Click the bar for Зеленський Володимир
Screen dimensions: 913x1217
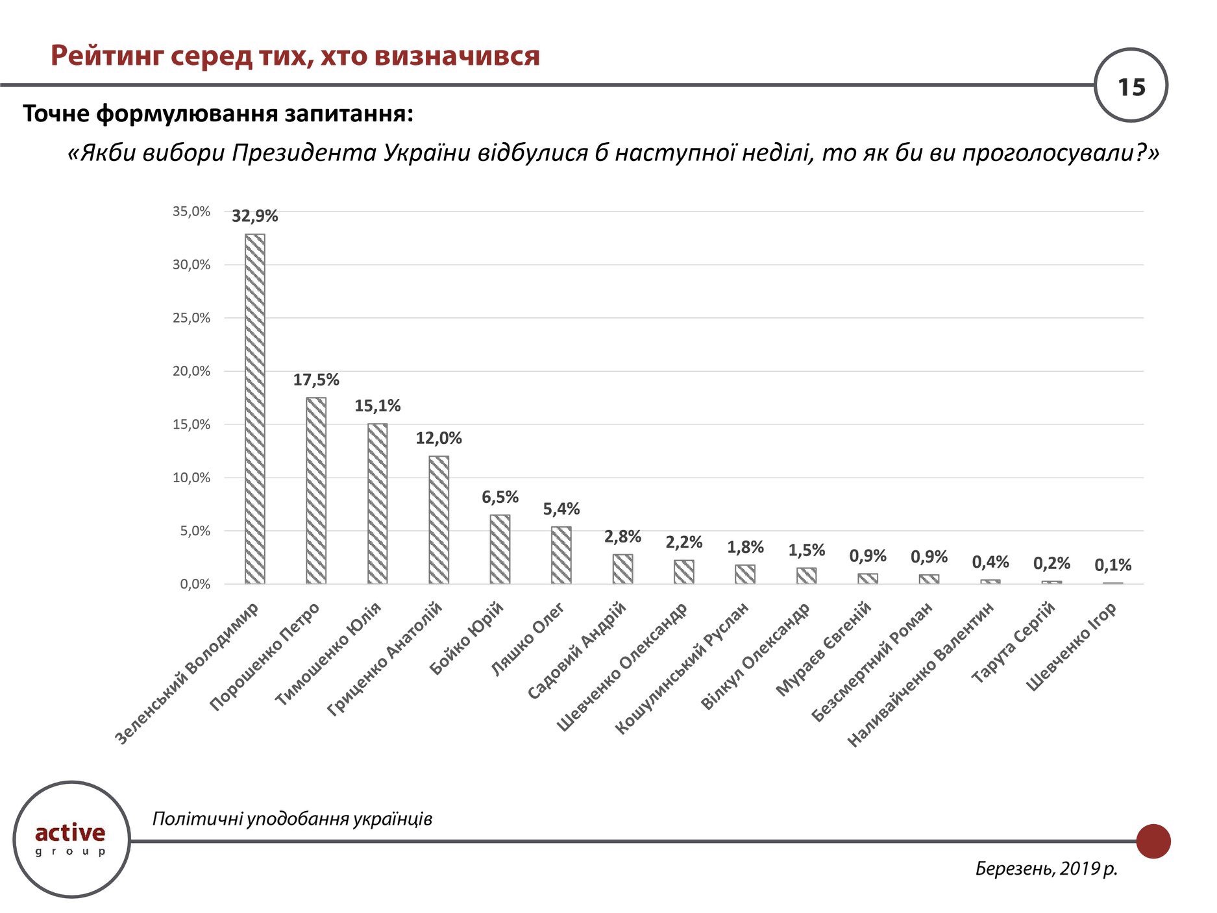click(254, 409)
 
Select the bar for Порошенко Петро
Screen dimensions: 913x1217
click(316, 491)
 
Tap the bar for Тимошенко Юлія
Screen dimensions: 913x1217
click(377, 504)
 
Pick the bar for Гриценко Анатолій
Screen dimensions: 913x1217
click(439, 520)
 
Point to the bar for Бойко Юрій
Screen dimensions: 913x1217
click(500, 549)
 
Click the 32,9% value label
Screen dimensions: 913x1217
click(254, 216)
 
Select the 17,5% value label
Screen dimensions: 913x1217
click(316, 380)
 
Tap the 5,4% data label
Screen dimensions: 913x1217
click(561, 509)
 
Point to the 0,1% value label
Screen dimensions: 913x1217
click(1113, 565)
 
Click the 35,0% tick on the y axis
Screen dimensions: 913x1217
click(191, 212)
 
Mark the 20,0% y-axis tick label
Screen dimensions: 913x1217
click(191, 371)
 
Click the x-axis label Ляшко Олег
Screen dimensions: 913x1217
click(527, 639)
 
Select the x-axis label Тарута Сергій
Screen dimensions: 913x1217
click(1013, 642)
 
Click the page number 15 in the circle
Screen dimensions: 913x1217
click(1131, 86)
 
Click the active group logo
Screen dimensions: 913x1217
click(71, 839)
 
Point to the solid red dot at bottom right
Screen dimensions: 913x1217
click(1153, 841)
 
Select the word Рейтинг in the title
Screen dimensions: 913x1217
click(108, 56)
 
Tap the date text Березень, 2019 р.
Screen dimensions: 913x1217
click(1046, 868)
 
